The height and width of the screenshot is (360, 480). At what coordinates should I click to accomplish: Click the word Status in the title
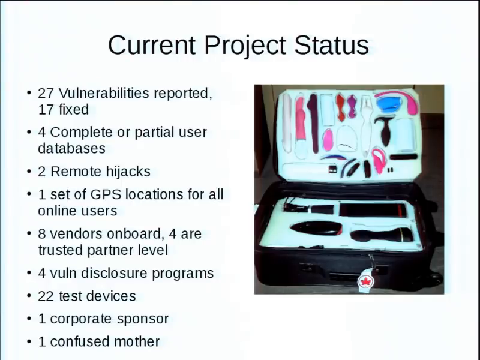point(332,45)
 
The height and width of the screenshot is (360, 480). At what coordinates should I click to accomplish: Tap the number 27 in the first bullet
point(46,93)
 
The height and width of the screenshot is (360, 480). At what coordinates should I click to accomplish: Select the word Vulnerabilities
point(104,93)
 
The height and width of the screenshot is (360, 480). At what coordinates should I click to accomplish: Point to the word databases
point(71,148)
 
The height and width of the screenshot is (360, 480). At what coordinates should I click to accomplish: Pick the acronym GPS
point(106,194)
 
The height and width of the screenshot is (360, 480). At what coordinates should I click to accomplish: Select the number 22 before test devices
point(46,296)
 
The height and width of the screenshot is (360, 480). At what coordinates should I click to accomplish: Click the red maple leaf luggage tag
point(366,281)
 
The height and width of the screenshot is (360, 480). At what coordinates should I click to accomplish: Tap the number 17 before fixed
point(46,110)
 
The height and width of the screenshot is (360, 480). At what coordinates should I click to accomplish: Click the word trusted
point(61,250)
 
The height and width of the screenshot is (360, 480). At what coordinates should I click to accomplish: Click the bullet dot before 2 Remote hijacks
point(29,171)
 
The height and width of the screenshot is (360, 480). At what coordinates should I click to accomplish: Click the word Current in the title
point(152,46)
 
